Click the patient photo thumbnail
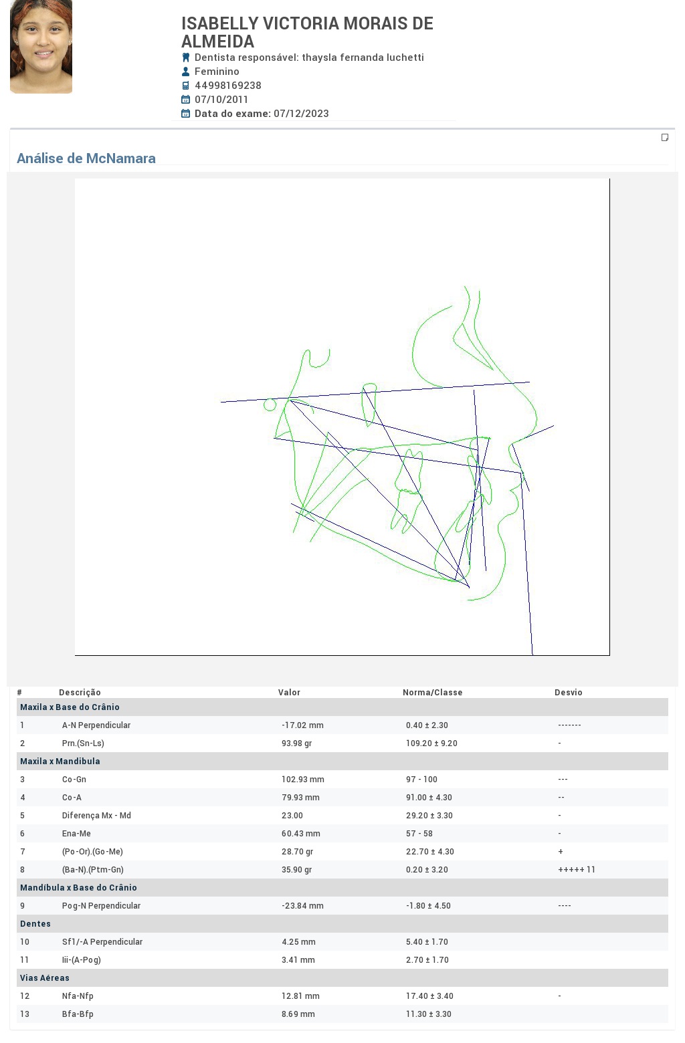click(x=41, y=47)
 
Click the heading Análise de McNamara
click(x=86, y=158)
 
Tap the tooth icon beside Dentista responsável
click(x=185, y=57)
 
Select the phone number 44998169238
click(x=228, y=86)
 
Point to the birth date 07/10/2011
click(x=221, y=100)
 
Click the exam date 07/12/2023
click(x=301, y=114)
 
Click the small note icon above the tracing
click(x=665, y=137)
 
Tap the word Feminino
click(x=217, y=72)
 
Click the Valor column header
click(x=289, y=693)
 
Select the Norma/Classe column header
click(x=432, y=693)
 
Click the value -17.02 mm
click(x=302, y=725)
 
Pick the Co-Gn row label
click(x=74, y=780)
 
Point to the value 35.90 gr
click(x=296, y=870)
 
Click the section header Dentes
click(x=35, y=924)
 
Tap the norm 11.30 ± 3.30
click(x=428, y=1014)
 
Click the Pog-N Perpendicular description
click(x=101, y=906)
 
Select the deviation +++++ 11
click(x=577, y=870)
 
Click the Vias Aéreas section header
click(x=45, y=977)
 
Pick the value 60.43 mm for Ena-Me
click(x=300, y=834)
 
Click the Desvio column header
click(x=568, y=693)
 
